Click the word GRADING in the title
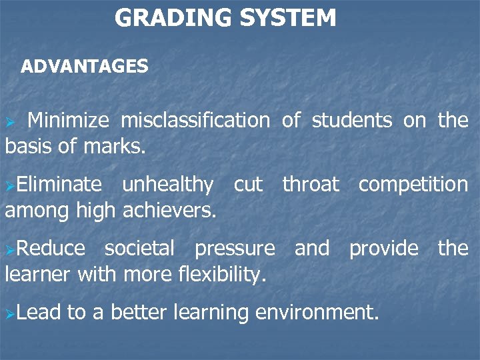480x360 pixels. (x=169, y=18)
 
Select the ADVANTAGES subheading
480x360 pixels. (x=85, y=67)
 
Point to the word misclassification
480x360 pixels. (x=195, y=121)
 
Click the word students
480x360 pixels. (x=352, y=121)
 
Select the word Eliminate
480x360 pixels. (x=59, y=184)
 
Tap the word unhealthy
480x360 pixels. (x=168, y=184)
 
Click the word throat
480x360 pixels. (x=311, y=184)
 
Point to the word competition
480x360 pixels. (x=413, y=184)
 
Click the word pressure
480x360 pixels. (x=235, y=249)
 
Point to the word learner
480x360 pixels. (x=38, y=273)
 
